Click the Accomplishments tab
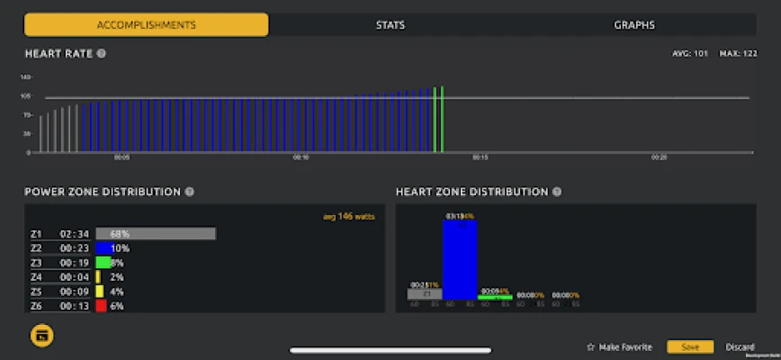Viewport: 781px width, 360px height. pyautogui.click(x=146, y=25)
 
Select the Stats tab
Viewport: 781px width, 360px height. pyautogui.click(x=390, y=25)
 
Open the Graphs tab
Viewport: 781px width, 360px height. pyautogui.click(x=633, y=25)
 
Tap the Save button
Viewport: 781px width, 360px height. pyautogui.click(x=690, y=347)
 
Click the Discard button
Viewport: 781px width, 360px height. pyautogui.click(x=740, y=347)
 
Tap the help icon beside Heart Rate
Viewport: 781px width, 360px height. pyautogui.click(x=102, y=53)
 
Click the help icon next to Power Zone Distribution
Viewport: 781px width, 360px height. pyautogui.click(x=189, y=192)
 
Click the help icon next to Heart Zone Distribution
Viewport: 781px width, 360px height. pyautogui.click(x=557, y=192)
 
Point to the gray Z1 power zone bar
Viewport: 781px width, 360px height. pyautogui.click(x=156, y=234)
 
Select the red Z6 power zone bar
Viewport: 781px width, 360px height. pyautogui.click(x=102, y=306)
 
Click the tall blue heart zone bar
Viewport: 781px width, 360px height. pyautogui.click(x=460, y=259)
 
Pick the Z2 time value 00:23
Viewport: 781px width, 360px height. pyautogui.click(x=72, y=248)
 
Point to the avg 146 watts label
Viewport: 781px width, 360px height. pyautogui.click(x=349, y=216)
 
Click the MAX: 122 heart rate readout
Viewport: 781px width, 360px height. pyautogui.click(x=736, y=53)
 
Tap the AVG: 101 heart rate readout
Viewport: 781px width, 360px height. pyautogui.click(x=690, y=53)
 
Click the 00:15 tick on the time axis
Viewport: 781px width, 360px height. pyautogui.click(x=480, y=157)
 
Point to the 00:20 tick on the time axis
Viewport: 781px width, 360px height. pyautogui.click(x=660, y=157)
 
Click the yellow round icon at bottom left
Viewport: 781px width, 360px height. pyautogui.click(x=41, y=336)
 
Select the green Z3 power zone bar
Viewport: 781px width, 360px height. pyautogui.click(x=103, y=263)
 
